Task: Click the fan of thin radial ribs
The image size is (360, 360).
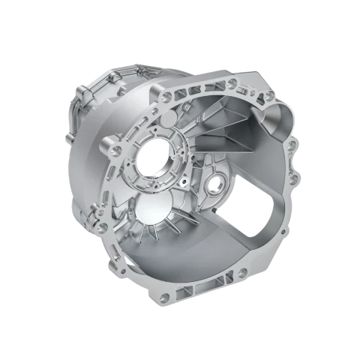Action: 169,225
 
